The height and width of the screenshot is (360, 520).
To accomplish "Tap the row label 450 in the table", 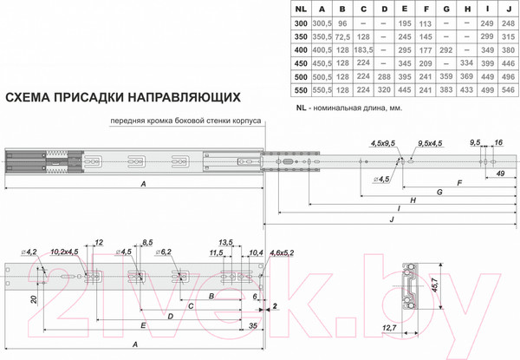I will [299, 63].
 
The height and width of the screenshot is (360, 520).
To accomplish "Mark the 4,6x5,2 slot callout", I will [282, 252].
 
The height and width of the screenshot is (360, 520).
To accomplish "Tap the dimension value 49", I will [501, 173].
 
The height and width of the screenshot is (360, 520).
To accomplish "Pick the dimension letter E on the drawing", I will [142, 324].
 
